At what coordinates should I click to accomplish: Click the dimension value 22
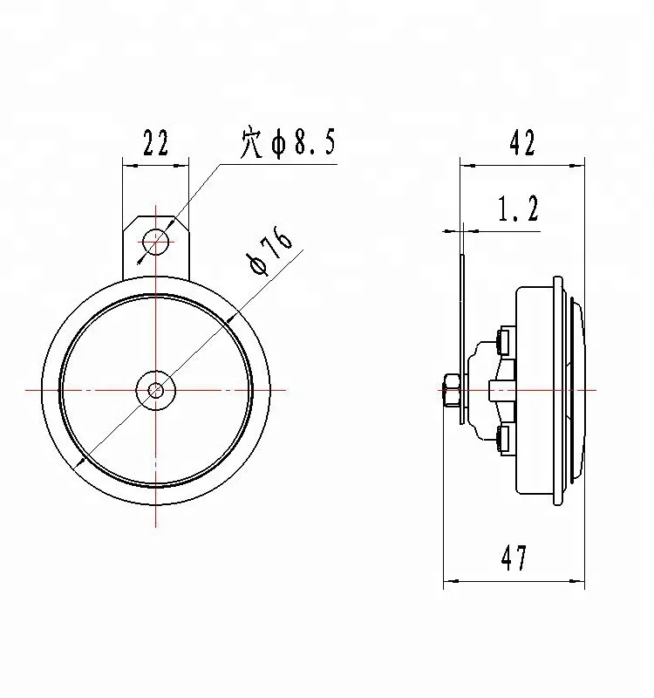coord(154,143)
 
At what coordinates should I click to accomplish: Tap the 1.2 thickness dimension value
coord(518,209)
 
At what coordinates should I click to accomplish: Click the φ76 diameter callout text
coord(269,252)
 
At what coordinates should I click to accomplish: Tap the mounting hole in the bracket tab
coord(156,240)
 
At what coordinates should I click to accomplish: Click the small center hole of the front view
coord(156,389)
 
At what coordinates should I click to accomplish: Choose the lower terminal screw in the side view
coord(504,439)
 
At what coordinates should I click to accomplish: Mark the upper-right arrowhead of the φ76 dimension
coord(229,320)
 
